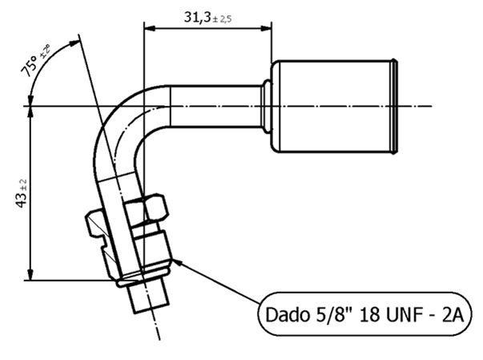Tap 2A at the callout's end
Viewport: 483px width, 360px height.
click(452, 314)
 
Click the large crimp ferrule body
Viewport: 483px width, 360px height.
click(332, 107)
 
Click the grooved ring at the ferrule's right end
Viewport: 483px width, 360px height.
click(395, 107)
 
